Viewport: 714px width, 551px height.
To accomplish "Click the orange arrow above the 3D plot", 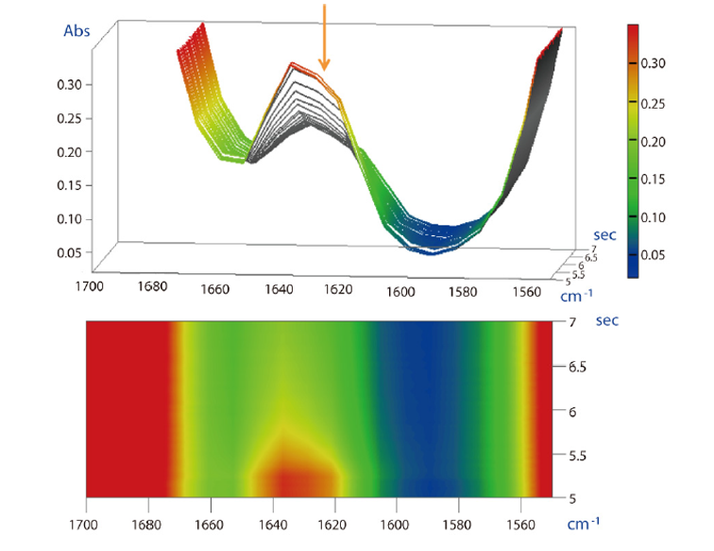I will [324, 38].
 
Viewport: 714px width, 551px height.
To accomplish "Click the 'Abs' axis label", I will [76, 31].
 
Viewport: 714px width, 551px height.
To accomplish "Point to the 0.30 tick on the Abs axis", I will [70, 84].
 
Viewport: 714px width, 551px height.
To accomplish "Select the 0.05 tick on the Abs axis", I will [70, 253].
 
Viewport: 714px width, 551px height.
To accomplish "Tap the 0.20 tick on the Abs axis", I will [70, 152].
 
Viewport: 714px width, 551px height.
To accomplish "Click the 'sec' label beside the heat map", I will [608, 321].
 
